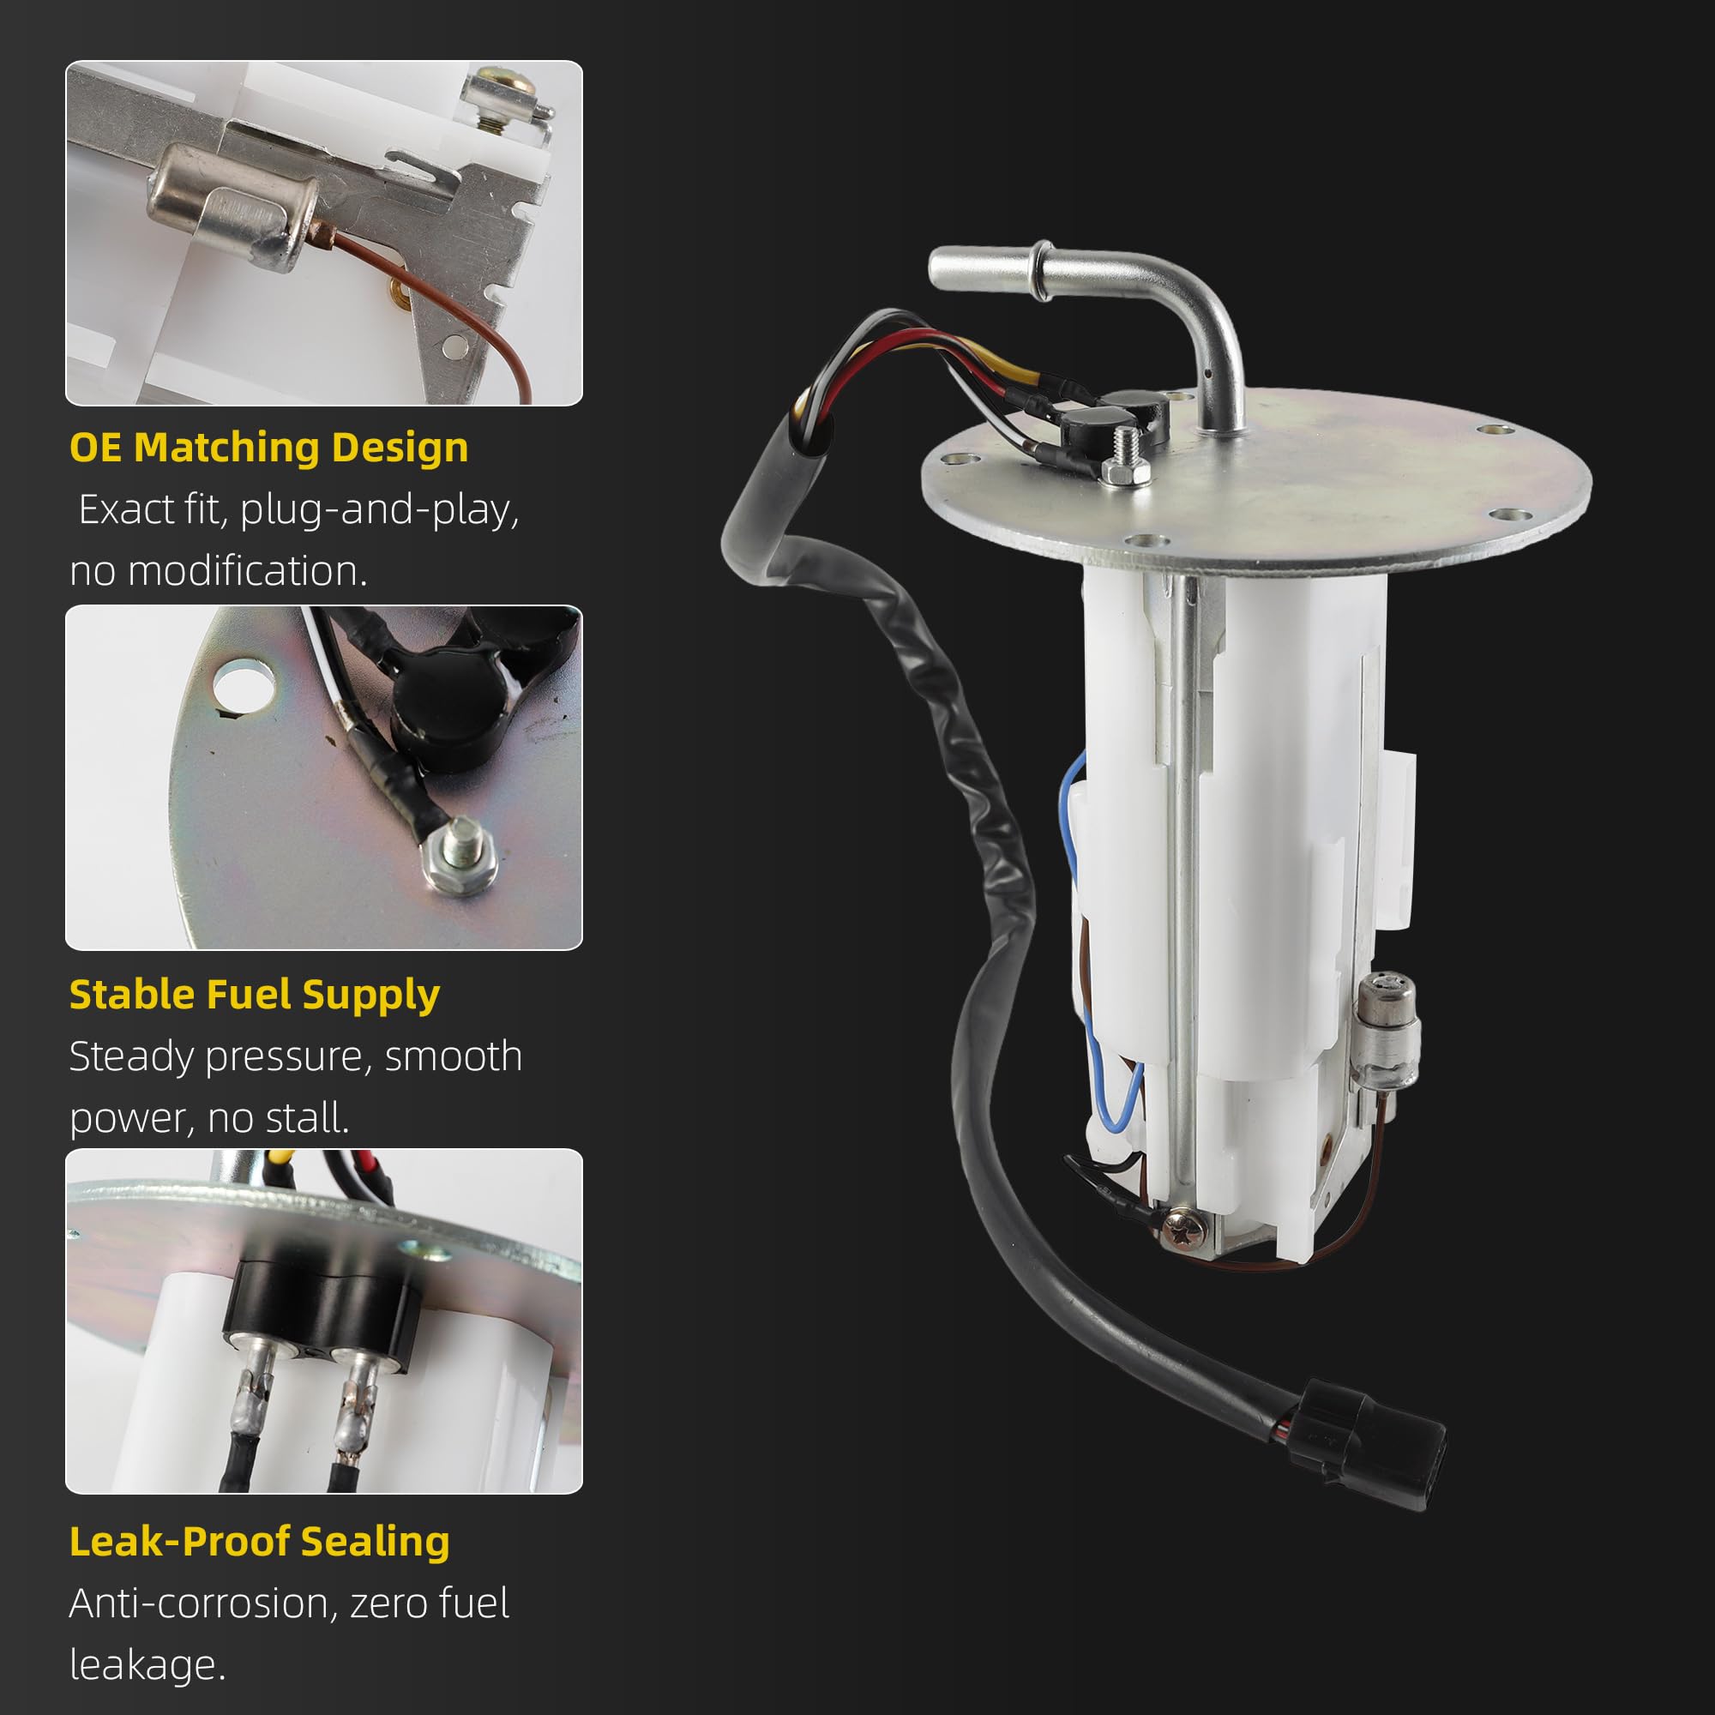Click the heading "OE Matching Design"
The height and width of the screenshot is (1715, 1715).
[269, 448]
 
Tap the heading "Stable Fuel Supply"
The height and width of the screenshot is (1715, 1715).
[255, 995]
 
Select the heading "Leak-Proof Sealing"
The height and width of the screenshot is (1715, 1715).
[259, 1542]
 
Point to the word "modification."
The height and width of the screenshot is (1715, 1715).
[248, 571]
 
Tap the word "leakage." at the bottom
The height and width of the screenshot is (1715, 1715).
[147, 1665]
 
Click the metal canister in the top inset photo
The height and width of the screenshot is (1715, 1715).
[232, 208]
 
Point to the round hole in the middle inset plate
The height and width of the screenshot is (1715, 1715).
[244, 683]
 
